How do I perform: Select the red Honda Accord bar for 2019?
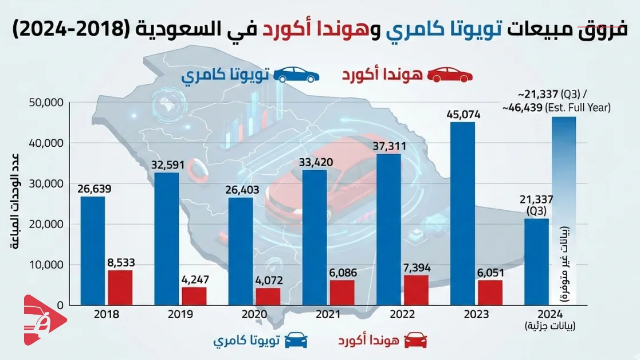pyautogui.click(x=194, y=296)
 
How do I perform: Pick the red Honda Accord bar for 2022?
pyautogui.click(x=416, y=289)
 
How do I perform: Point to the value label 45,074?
pyautogui.click(x=462, y=114)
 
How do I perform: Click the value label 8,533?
pyautogui.click(x=120, y=263)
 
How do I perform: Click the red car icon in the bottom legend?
pyautogui.click(x=416, y=341)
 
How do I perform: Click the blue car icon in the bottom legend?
pyautogui.click(x=296, y=341)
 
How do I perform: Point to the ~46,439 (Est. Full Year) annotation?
pyautogui.click(x=556, y=108)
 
